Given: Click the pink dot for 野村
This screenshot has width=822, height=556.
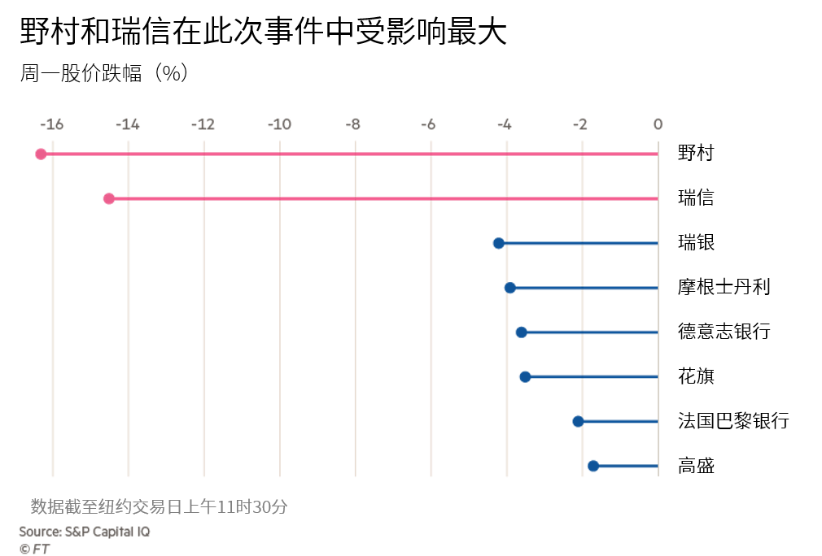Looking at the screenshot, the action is (41, 154).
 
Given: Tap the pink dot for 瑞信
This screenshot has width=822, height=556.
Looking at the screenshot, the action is (109, 198).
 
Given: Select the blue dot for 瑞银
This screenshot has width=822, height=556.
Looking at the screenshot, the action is (499, 243).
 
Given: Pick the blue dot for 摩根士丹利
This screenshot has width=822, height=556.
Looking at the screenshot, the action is (510, 288).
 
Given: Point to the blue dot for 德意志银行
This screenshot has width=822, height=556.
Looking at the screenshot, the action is (522, 332).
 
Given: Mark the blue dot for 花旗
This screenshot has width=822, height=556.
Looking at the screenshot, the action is (525, 377).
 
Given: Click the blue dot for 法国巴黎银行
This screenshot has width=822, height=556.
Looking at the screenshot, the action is (578, 421).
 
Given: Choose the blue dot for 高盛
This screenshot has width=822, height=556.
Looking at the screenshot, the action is (593, 466).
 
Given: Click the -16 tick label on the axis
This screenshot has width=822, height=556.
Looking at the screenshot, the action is (52, 124).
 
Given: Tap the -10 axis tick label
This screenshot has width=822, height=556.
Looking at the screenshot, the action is (279, 124).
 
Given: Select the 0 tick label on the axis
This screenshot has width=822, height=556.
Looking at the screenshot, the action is (658, 124).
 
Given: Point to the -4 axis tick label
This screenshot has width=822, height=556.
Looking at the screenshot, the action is (505, 124).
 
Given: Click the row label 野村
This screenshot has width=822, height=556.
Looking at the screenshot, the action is (696, 153).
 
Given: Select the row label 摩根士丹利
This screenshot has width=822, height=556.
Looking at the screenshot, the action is (724, 287).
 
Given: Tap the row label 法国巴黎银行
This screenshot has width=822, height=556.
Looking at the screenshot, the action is (733, 420).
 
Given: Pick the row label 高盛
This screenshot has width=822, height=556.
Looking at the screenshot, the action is (696, 466).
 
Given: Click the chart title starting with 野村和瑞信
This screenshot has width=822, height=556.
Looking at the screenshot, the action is (264, 31).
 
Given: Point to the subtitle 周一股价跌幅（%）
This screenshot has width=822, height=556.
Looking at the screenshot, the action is (104, 73).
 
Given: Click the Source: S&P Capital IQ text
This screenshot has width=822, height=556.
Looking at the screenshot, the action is (85, 532).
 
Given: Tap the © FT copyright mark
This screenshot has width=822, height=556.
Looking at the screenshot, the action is (35, 549).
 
